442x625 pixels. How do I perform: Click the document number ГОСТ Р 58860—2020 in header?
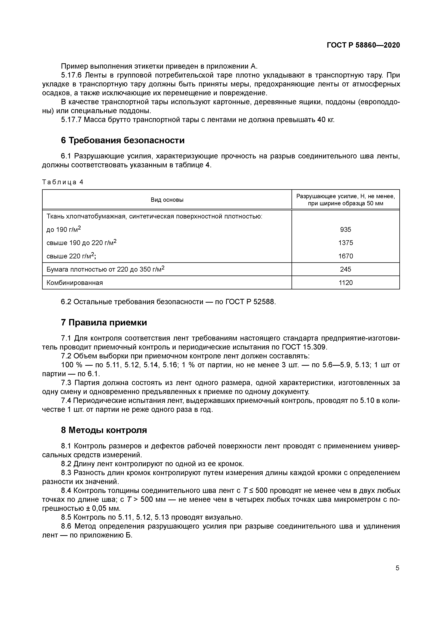(363, 45)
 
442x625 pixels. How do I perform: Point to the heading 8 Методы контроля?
(104, 430)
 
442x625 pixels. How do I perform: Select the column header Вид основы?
(167, 200)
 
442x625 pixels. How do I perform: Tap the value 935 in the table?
(346, 230)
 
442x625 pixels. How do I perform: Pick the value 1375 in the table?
(346, 243)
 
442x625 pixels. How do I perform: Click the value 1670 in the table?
(346, 256)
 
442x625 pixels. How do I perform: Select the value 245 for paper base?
(346, 269)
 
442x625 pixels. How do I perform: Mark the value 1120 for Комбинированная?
(346, 282)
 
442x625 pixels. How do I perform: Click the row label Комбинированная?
(75, 282)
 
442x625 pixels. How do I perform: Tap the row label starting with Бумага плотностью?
(105, 269)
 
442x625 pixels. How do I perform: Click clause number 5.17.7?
(71, 120)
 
